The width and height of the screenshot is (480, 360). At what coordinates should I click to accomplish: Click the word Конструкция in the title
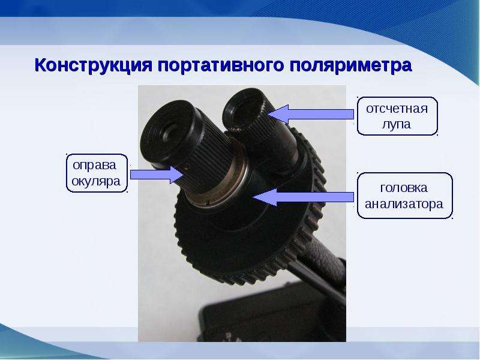point(94,65)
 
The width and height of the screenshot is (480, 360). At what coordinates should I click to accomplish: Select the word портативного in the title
point(221,65)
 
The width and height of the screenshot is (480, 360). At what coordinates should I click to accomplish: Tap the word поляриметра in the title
point(351,65)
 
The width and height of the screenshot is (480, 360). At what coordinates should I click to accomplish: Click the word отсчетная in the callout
point(397,109)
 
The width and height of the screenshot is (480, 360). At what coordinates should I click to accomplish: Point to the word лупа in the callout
point(397,125)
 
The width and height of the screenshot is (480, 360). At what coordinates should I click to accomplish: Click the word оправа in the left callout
point(95,166)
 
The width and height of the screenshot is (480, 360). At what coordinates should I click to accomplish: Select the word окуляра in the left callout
point(96,182)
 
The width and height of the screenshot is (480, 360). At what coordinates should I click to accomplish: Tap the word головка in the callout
point(403,188)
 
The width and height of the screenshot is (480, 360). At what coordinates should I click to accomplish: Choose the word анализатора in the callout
point(404,204)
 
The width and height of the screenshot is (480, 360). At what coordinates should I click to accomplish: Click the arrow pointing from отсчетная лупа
point(310,114)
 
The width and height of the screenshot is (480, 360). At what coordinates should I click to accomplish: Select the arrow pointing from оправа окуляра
point(157,175)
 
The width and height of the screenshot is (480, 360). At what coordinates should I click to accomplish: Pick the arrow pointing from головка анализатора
point(303,197)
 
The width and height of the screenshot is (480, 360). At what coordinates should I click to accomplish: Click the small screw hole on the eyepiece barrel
point(188,166)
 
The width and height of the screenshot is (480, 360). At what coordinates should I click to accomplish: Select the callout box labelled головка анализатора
point(404,196)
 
